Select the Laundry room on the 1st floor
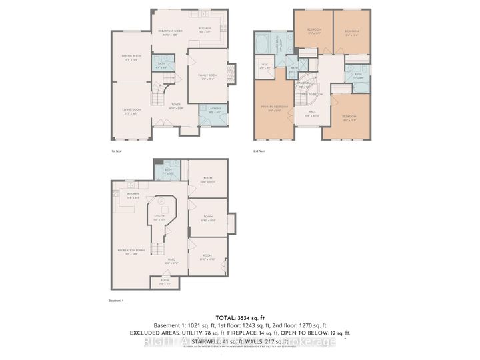215,111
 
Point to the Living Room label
131,110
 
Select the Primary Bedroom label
274,109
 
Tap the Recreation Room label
127,252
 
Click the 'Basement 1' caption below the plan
117,301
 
